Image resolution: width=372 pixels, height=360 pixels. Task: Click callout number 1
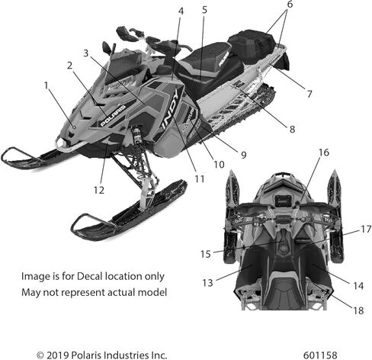click(46, 85)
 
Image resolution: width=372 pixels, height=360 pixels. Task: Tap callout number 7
click(309, 94)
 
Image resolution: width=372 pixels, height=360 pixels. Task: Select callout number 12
click(99, 190)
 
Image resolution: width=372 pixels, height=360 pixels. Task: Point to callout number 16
click(324, 153)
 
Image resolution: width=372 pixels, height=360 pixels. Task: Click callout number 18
click(358, 310)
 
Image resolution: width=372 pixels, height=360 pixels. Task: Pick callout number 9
click(244, 155)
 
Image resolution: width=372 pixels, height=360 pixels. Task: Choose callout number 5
click(204, 10)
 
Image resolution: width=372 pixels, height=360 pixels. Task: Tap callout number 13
click(207, 282)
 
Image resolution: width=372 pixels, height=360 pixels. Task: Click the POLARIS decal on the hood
click(113, 116)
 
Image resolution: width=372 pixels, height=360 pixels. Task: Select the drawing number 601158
click(320, 355)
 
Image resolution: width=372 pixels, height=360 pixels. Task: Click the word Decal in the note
click(90, 276)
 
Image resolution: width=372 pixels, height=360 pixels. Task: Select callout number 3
click(86, 53)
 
